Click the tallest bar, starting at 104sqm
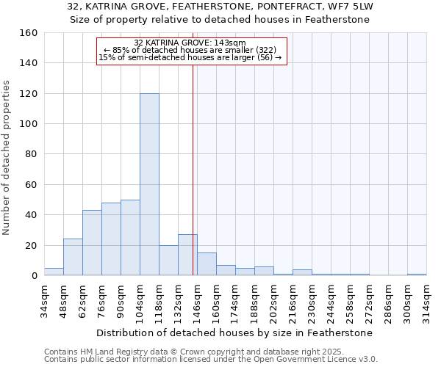click(x=149, y=184)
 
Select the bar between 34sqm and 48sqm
click(x=54, y=272)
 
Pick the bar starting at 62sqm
click(x=92, y=243)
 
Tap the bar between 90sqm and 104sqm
click(x=130, y=238)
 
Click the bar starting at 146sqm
click(x=207, y=264)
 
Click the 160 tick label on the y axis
click(x=29, y=33)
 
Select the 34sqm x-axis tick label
click(x=44, y=300)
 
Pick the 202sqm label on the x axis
click(x=273, y=300)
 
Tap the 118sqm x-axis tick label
click(x=159, y=300)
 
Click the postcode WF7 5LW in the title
click(x=353, y=7)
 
